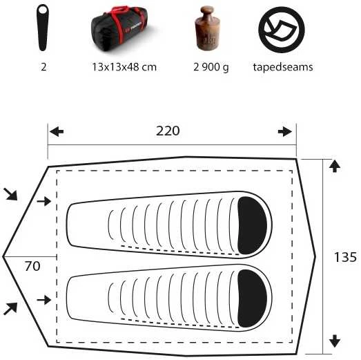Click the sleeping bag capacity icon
43,28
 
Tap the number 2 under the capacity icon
43,67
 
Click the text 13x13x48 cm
124,67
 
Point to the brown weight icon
208,28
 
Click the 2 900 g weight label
211,67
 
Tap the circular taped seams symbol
282,30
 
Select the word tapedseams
283,67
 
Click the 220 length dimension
168,131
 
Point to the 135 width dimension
345,257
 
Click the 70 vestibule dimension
32,266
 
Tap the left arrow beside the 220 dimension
57,132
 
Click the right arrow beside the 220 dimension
285,131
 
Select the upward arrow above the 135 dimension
335,166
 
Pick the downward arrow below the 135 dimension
335,341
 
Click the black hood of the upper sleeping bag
252,225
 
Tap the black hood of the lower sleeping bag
252,299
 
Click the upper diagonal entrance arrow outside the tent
10,194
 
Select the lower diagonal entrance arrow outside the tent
10,309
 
